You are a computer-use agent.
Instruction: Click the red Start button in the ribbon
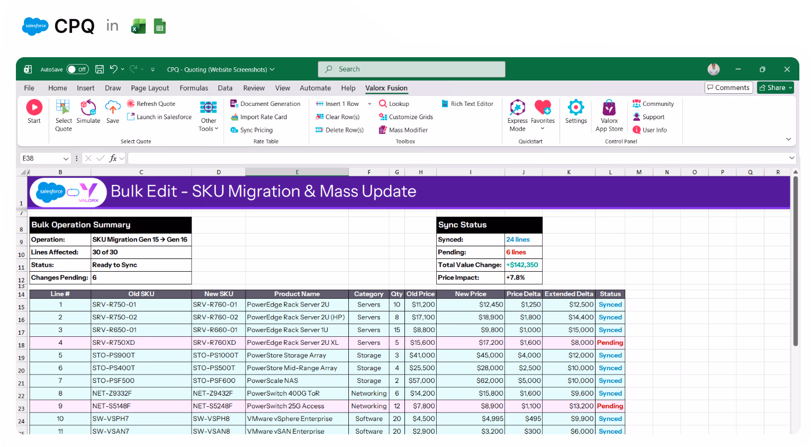(x=34, y=108)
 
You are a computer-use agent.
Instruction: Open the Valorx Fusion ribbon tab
(x=386, y=88)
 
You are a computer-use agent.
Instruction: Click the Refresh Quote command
(x=155, y=104)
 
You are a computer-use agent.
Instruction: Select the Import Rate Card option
(x=263, y=117)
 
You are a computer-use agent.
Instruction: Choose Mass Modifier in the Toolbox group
(x=408, y=130)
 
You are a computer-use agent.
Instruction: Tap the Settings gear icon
(x=575, y=108)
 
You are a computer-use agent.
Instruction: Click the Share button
(x=776, y=87)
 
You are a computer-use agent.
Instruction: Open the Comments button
(x=728, y=87)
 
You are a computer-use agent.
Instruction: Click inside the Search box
(x=412, y=69)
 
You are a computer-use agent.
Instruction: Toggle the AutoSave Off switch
(x=77, y=69)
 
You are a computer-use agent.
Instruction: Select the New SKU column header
(x=219, y=294)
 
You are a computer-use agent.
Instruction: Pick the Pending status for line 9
(x=610, y=406)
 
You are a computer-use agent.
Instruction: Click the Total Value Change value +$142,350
(x=522, y=265)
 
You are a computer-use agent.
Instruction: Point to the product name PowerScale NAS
(x=272, y=381)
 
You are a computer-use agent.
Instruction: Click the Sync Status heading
(x=462, y=225)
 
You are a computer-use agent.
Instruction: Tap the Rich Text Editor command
(x=471, y=104)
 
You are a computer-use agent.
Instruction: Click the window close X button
(x=787, y=69)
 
